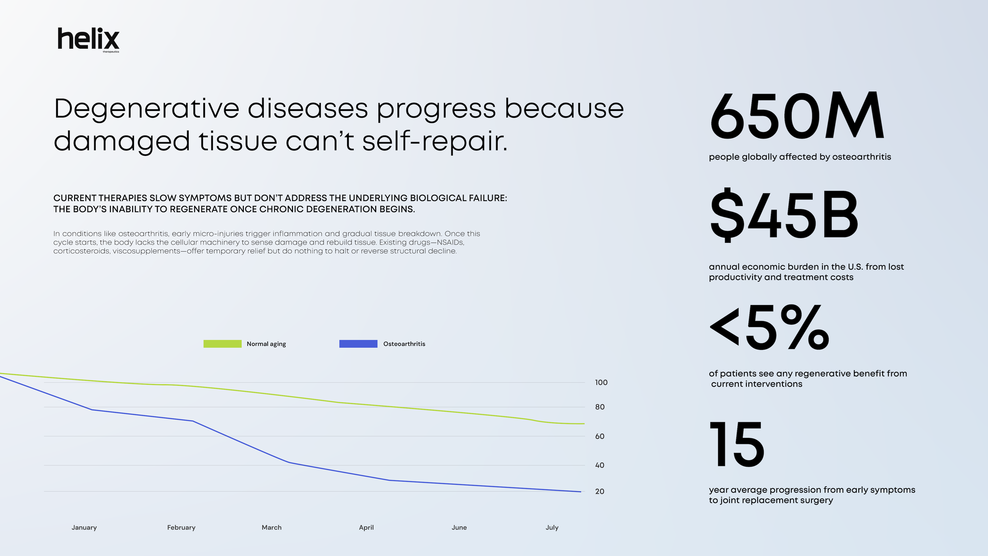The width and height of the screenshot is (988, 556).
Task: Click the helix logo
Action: [88, 39]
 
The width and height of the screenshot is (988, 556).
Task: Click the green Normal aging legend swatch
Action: [223, 344]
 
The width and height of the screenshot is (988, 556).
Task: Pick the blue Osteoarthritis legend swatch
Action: [358, 344]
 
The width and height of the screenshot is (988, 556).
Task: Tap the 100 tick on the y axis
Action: [601, 383]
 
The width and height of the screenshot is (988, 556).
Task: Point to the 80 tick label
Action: [599, 407]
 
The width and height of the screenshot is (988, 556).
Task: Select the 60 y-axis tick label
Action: [599, 436]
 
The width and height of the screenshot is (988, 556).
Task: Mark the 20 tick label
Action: [599, 492]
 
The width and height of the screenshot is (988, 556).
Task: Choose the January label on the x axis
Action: [84, 528]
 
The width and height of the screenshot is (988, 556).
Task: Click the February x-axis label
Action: [181, 528]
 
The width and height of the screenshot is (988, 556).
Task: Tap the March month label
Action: [271, 528]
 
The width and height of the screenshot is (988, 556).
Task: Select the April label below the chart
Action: [366, 528]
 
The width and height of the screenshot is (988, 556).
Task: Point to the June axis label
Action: [459, 528]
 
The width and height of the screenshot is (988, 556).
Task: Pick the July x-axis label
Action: [552, 528]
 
